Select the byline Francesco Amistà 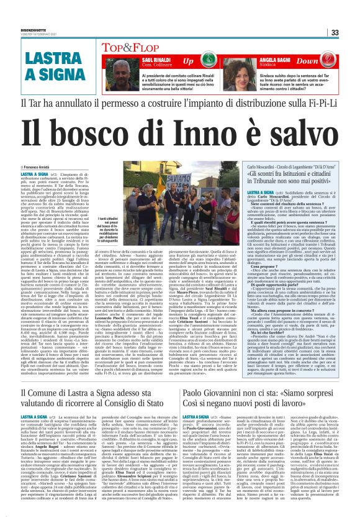[x=35, y=150]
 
